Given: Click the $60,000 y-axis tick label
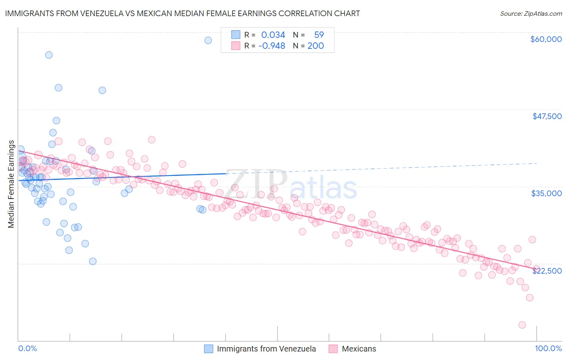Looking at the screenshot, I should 546,39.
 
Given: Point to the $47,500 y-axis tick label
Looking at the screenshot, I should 547,116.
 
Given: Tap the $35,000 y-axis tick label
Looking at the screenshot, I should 546,193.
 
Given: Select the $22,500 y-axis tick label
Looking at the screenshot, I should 547,271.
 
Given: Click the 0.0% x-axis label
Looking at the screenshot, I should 27,348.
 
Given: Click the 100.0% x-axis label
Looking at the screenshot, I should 548,348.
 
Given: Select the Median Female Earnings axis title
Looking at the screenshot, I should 11,184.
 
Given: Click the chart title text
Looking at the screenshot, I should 182,13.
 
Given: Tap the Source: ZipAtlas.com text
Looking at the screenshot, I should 531,13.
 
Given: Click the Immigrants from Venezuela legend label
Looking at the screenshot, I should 266,349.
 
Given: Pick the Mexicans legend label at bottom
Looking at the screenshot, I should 359,349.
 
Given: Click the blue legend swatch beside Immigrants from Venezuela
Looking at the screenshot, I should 208,349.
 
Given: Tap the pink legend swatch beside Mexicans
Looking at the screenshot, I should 333,349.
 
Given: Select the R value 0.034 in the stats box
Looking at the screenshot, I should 273,35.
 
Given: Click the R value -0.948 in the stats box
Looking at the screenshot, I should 271,46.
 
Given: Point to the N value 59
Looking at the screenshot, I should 319,35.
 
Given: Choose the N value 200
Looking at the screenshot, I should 315,46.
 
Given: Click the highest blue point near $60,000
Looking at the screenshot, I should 208,40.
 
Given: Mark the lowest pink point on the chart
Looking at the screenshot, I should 522,325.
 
